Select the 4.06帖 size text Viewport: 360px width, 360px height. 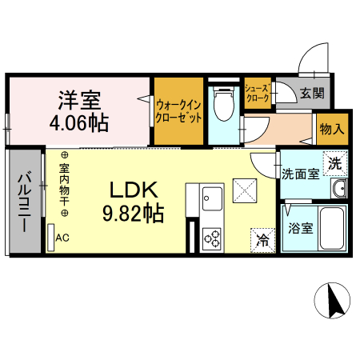pyautogui.click(x=78, y=123)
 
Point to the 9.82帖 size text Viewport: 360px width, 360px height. pyautogui.click(x=137, y=214)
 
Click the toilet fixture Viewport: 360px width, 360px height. pyautogui.click(x=223, y=103)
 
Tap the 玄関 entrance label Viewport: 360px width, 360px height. pyautogui.click(x=312, y=93)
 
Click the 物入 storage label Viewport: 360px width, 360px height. pyautogui.click(x=331, y=128)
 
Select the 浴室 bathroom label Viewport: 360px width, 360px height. pyautogui.click(x=302, y=226)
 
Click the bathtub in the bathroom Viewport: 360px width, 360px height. pyautogui.click(x=330, y=227)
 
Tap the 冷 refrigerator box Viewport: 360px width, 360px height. pyautogui.click(x=262, y=238)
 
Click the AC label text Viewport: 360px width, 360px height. pyautogui.click(x=62, y=238)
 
